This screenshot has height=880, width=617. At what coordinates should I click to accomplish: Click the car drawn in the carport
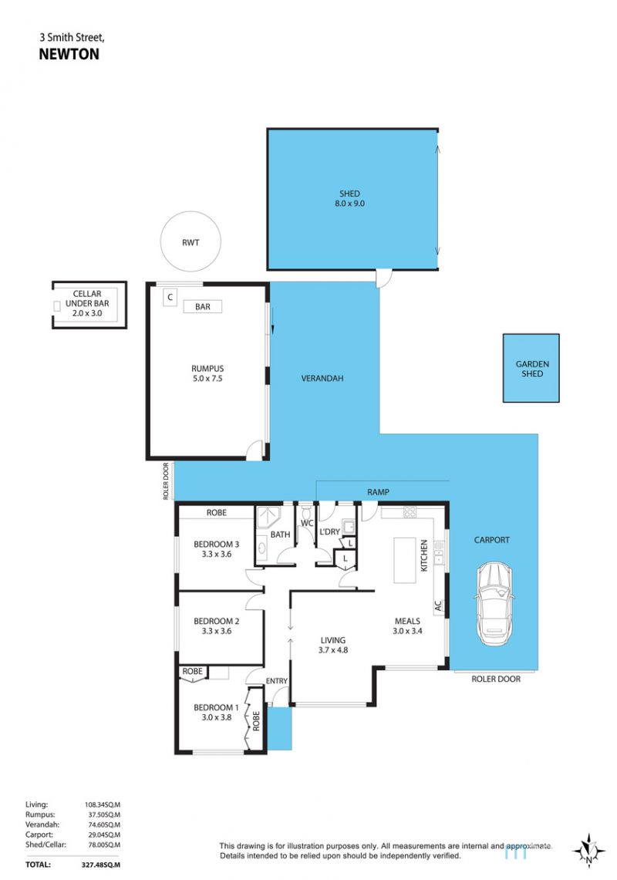pyautogui.click(x=494, y=603)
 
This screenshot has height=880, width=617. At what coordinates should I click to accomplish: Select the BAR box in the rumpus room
pyautogui.click(x=203, y=306)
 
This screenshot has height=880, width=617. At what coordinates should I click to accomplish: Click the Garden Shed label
pyautogui.click(x=532, y=369)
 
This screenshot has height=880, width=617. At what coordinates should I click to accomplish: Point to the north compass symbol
pyautogui.click(x=588, y=851)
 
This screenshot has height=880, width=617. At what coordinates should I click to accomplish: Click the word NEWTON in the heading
pyautogui.click(x=69, y=55)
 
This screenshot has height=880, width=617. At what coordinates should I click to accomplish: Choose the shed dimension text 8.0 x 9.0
pyautogui.click(x=349, y=204)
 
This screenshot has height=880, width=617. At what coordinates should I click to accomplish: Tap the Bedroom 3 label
pyautogui.click(x=216, y=545)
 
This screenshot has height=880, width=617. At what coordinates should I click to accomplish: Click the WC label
pyautogui.click(x=307, y=523)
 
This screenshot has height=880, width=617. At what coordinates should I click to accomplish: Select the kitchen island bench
pyautogui.click(x=404, y=561)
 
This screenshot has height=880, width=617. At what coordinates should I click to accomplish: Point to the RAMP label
pyautogui.click(x=379, y=492)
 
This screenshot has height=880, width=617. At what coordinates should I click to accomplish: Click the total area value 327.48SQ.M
pyautogui.click(x=100, y=865)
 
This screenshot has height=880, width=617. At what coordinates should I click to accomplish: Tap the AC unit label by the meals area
pyautogui.click(x=439, y=606)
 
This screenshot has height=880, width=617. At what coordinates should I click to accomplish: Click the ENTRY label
pyautogui.click(x=277, y=681)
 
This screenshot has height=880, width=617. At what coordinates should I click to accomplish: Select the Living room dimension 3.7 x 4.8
pyautogui.click(x=333, y=650)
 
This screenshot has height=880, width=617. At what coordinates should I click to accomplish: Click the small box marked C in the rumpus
pyautogui.click(x=170, y=298)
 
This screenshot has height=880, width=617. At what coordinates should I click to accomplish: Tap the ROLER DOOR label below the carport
pyautogui.click(x=496, y=679)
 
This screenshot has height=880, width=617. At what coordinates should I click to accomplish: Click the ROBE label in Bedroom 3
pyautogui.click(x=216, y=512)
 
